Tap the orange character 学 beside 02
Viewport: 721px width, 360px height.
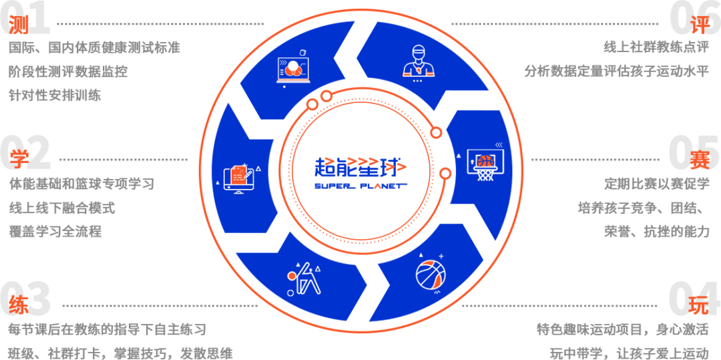coord(19,159)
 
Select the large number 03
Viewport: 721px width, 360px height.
coord(27,299)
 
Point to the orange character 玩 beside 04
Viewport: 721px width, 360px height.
coord(699,305)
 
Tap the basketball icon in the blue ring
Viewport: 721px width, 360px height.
coord(431,274)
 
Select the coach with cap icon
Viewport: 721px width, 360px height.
coord(417,61)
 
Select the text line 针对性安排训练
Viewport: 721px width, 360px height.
coord(55,96)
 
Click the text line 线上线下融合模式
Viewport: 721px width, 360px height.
coord(62,208)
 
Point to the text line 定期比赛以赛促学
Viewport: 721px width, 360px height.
coord(657,183)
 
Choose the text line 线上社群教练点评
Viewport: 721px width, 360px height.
coord(656,47)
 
